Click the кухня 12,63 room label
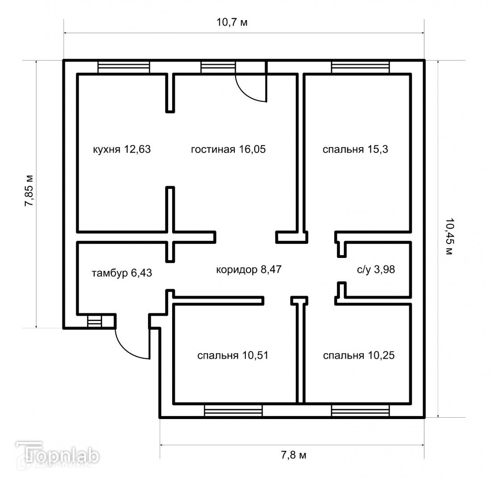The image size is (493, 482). click(x=121, y=150)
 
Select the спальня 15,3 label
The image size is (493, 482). click(x=356, y=150)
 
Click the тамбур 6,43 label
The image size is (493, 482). click(x=122, y=273)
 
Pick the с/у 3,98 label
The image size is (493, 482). click(x=377, y=270)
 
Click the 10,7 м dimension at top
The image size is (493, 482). click(x=232, y=23)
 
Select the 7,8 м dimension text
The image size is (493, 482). click(x=294, y=455)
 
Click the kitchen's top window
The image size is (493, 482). click(x=124, y=66)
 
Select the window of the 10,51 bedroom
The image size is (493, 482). click(x=233, y=411)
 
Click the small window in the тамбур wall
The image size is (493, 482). click(x=95, y=321)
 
